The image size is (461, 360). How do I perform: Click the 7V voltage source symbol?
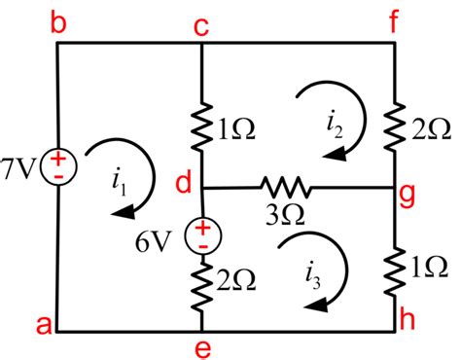[57, 166]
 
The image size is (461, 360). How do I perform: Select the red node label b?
[59, 21]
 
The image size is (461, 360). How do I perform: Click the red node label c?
[201, 22]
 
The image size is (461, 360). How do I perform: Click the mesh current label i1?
[120, 180]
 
